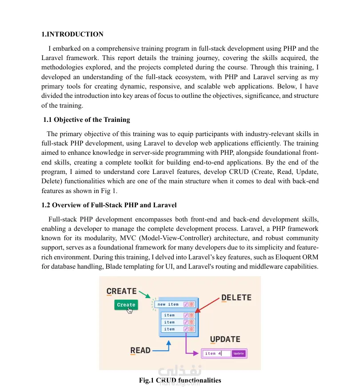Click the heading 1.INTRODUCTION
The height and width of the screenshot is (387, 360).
point(72,34)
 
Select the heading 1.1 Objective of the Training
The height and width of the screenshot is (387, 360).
point(87,120)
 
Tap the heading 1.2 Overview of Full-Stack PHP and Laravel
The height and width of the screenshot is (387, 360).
point(109,205)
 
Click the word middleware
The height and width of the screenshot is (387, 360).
point(264,266)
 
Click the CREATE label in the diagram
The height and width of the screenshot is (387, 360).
point(121,291)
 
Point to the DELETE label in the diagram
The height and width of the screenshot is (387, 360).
point(236,298)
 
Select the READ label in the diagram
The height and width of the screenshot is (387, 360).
point(140,351)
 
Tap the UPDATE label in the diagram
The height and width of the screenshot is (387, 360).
point(225,339)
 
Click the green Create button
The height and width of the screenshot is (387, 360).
point(126,305)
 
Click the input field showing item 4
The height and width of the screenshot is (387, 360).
point(217,354)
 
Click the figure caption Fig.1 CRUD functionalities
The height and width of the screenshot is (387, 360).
point(180,380)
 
